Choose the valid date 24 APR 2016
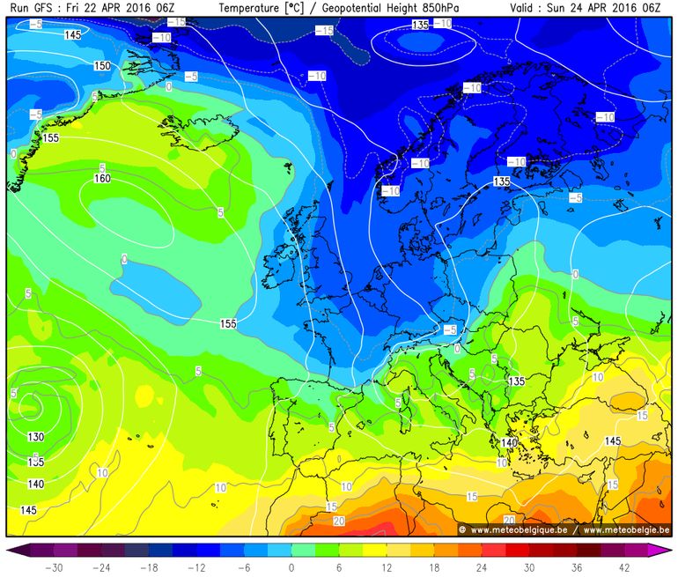[608, 8]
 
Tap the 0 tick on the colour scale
[291, 567]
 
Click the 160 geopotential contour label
[102, 179]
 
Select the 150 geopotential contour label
[102, 66]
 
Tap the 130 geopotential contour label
[36, 438]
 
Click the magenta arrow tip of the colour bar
[666, 551]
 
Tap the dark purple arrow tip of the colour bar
[12, 551]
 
